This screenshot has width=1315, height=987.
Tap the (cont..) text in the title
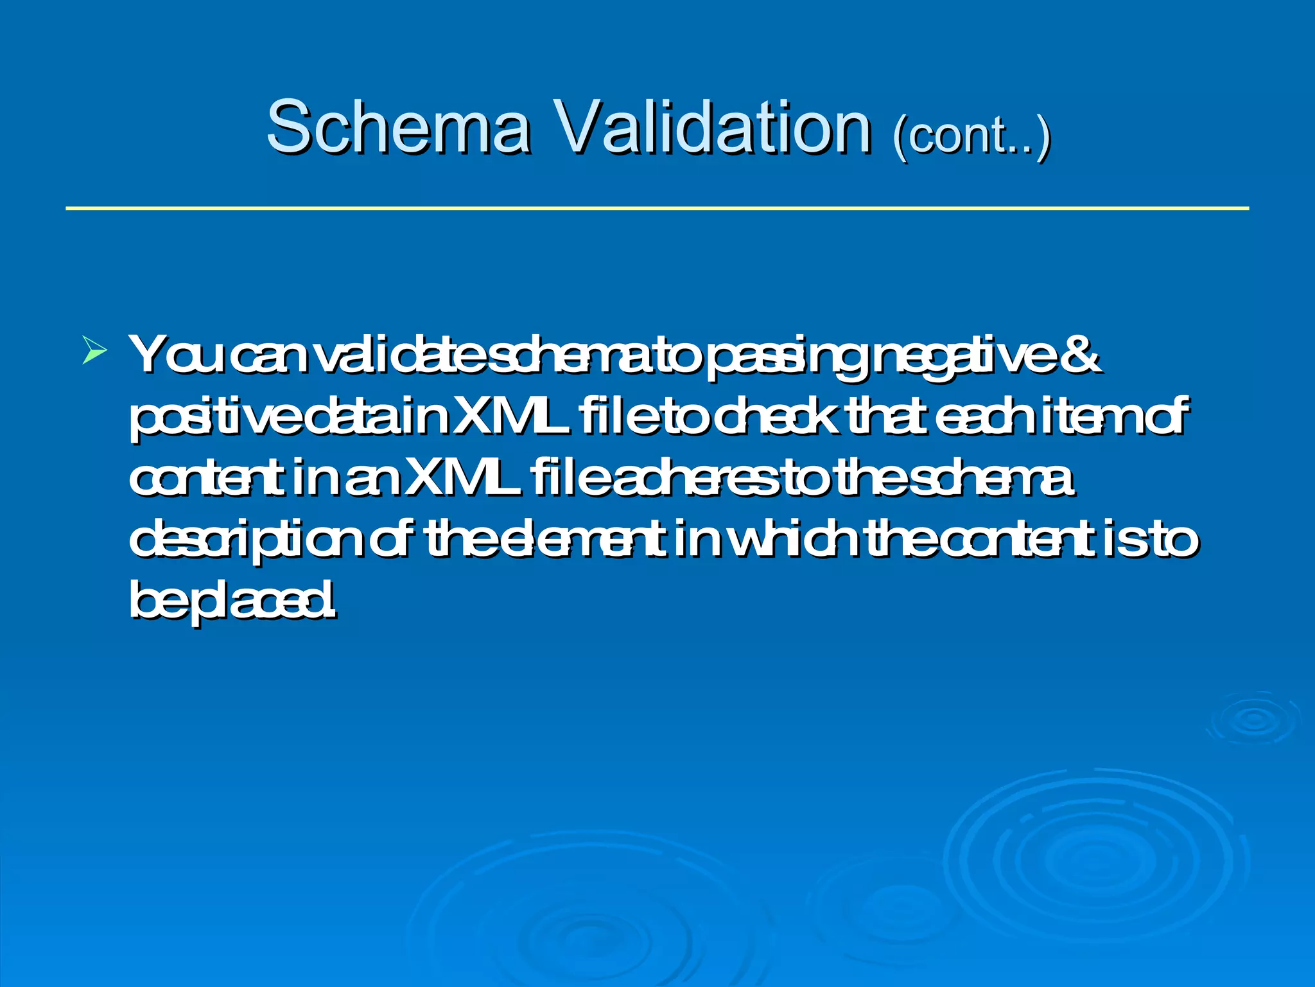(x=971, y=136)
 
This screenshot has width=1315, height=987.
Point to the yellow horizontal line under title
(x=657, y=208)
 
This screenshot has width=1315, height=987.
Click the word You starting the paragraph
(x=175, y=354)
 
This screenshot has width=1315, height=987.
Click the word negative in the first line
(x=964, y=357)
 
